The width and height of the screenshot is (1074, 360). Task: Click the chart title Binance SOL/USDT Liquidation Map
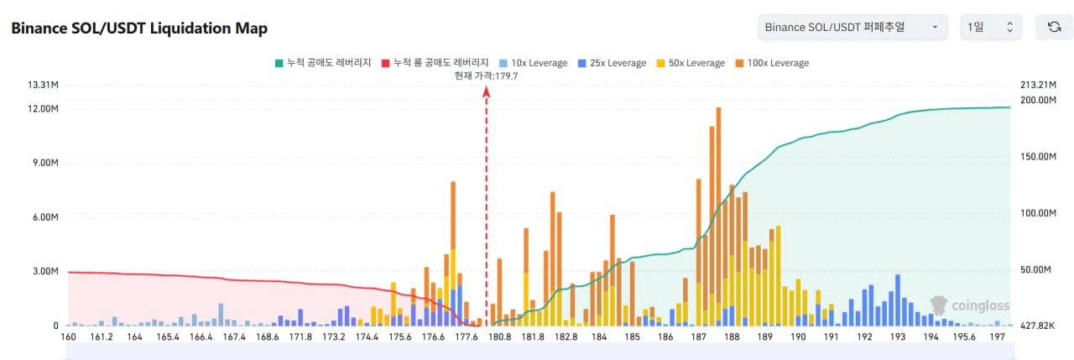[139, 28]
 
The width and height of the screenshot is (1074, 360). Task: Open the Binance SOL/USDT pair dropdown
[852, 27]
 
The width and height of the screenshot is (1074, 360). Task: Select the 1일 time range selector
[991, 27]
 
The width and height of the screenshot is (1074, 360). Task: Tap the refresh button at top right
[1054, 27]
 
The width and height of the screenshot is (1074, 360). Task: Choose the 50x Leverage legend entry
[691, 63]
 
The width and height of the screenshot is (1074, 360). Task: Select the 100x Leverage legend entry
[772, 63]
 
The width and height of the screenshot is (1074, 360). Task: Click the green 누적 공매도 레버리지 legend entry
[322, 63]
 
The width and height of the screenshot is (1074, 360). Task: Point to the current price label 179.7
[486, 76]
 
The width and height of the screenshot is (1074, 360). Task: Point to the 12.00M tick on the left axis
[43, 109]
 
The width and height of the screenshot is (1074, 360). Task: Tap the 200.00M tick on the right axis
[1037, 100]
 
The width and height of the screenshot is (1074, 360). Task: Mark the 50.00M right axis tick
[1037, 270]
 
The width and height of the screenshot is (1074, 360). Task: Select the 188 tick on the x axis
[732, 337]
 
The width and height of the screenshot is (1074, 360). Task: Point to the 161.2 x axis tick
[102, 337]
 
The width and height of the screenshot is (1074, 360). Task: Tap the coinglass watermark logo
[969, 306]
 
